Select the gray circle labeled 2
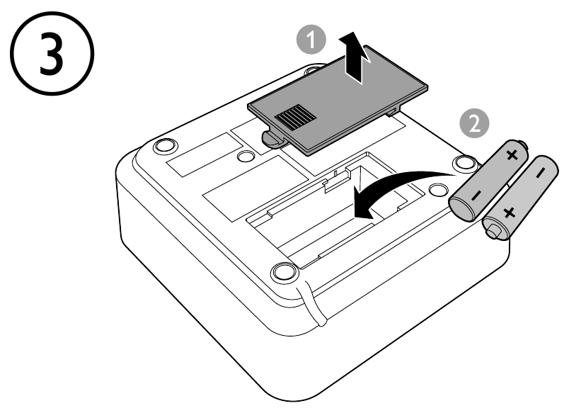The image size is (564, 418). pyautogui.click(x=473, y=123)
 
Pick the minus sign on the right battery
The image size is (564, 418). pyautogui.click(x=540, y=173)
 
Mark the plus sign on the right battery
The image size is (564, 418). pyautogui.click(x=507, y=213)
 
